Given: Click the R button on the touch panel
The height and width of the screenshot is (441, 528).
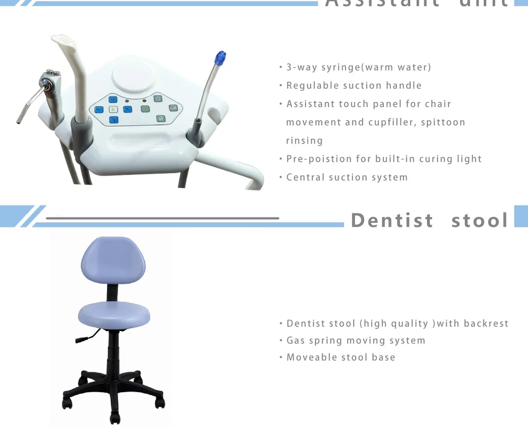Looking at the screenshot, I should coord(113,109).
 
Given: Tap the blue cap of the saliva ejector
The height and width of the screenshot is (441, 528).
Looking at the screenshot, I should coord(219,59).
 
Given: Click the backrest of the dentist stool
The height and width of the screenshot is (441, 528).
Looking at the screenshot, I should coord(113,260).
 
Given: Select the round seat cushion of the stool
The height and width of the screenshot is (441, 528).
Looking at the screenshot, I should coord(114,313).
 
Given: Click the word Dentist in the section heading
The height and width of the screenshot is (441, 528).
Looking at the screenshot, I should coord(392,220).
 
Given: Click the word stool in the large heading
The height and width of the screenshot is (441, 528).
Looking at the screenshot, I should coord(480,220).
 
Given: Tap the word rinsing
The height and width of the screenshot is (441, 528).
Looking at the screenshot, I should coord(304,141).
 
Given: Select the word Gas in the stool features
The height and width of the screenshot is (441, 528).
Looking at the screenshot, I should coord(295,341).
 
